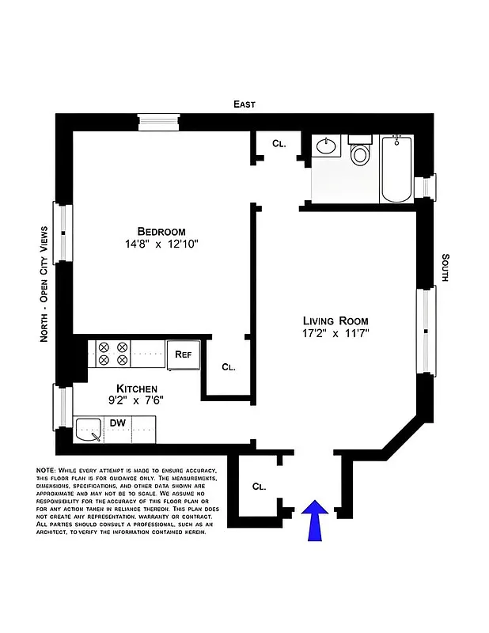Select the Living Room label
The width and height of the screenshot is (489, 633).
click(335, 320)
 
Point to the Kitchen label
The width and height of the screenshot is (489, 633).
click(137, 389)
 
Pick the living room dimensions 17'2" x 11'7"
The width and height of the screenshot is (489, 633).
click(335, 334)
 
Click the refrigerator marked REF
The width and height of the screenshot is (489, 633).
click(184, 355)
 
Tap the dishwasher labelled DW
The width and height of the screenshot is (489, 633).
click(118, 424)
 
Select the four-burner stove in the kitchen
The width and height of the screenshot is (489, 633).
click(112, 354)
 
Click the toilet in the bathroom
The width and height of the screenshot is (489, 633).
click(360, 150)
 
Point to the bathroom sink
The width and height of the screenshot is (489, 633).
click(326, 146)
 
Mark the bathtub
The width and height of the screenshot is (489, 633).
click(396, 168)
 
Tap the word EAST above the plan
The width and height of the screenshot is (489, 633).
click(244, 104)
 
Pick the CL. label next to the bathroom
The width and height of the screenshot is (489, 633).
click(279, 144)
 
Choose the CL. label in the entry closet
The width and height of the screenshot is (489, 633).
click(259, 486)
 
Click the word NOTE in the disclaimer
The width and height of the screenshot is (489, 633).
click(46, 471)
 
